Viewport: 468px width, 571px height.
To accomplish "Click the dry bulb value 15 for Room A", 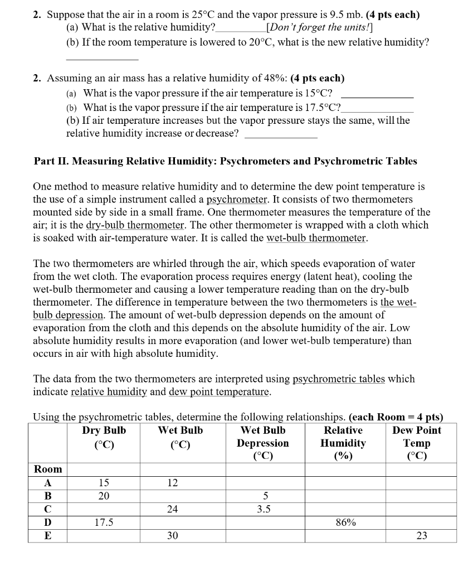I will [104, 483].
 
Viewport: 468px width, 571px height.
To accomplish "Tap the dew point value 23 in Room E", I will [422, 536].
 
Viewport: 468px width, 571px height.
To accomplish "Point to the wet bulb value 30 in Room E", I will [173, 536].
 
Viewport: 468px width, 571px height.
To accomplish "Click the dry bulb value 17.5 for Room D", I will [104, 523].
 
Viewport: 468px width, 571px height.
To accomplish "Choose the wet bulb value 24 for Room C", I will [173, 509].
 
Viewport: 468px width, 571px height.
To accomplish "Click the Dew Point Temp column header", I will [417, 443].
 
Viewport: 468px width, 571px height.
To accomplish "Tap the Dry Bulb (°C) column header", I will [104, 437].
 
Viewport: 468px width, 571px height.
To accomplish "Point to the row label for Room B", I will [47, 496].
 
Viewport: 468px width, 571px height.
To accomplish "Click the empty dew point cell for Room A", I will [421, 483].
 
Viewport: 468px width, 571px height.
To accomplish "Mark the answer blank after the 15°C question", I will [377, 94].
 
